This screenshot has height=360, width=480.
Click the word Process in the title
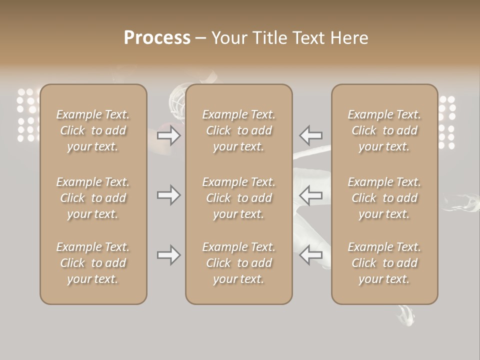coord(157,37)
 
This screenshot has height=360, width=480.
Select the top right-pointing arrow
coord(169,135)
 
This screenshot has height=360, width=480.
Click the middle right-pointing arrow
coord(169,195)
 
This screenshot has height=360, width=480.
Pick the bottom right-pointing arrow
coord(169,255)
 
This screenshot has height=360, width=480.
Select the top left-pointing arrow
coord(311,135)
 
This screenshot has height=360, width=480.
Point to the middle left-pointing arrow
coord(311,195)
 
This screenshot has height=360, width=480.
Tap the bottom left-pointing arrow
coord(311,255)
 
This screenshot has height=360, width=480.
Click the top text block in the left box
coord(93,130)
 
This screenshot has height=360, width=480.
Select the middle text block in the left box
coord(93,198)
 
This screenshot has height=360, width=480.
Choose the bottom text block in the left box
coord(93,263)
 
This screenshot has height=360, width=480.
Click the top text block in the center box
coord(239,130)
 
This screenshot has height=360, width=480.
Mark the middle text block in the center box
coord(239,198)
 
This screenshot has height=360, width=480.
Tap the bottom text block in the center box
coord(239,263)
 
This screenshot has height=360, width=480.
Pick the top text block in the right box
coord(384,130)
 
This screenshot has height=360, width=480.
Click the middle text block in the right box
coord(384,198)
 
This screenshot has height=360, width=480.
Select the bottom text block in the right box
coord(384,263)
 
